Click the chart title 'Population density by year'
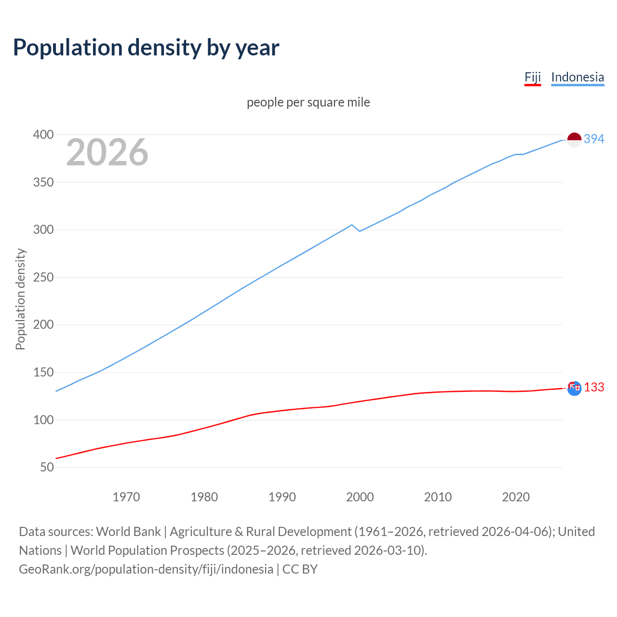146,47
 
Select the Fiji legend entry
533,77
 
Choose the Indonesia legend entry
577,77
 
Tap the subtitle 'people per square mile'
308,102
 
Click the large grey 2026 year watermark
107,152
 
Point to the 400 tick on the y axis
43,134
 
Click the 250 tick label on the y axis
43,277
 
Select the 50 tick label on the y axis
47,467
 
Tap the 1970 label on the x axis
126,496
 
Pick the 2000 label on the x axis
360,496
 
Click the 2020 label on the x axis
516,496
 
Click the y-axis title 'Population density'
20,299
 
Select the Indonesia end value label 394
594,139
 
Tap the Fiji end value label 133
594,388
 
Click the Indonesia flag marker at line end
574,140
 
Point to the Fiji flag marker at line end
574,388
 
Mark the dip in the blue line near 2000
360,231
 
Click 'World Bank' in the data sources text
128,531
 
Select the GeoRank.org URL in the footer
146,569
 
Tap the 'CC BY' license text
300,569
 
